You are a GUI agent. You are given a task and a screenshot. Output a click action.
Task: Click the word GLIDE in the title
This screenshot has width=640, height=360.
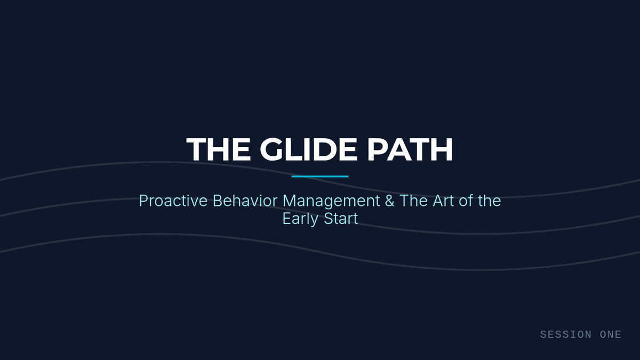point(308,149)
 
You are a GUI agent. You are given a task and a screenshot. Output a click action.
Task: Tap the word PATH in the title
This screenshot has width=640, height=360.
point(410,149)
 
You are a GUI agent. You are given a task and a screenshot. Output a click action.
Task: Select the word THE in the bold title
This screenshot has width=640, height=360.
point(218,149)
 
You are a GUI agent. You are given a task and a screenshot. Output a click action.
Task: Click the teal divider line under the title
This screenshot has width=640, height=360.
point(320,177)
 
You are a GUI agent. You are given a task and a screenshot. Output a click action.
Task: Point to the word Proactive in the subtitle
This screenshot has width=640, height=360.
point(173,201)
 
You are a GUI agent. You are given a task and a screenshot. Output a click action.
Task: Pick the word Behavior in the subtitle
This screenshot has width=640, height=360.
point(245,201)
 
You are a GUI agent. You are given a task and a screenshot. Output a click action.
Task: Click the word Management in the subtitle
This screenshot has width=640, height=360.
point(331,202)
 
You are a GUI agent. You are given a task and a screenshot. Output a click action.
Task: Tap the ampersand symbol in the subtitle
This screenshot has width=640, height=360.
point(390,201)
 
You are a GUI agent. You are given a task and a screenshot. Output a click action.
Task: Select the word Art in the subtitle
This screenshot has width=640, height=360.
point(443,201)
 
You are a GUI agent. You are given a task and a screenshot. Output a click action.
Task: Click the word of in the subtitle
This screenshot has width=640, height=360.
point(466,201)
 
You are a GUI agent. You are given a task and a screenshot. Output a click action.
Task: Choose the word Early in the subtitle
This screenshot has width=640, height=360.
point(300,219)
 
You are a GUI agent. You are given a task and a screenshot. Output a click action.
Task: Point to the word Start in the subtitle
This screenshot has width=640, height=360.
point(341,219)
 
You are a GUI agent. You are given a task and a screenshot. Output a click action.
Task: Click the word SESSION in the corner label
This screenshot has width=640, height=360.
point(566,334)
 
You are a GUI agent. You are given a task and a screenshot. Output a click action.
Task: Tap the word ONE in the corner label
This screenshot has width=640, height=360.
point(611,334)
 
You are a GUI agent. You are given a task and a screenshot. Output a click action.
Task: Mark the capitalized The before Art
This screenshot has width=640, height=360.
point(414,201)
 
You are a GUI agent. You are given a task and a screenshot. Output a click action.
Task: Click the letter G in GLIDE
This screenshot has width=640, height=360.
point(271,149)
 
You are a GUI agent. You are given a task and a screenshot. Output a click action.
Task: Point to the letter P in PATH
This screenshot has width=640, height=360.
point(378,149)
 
